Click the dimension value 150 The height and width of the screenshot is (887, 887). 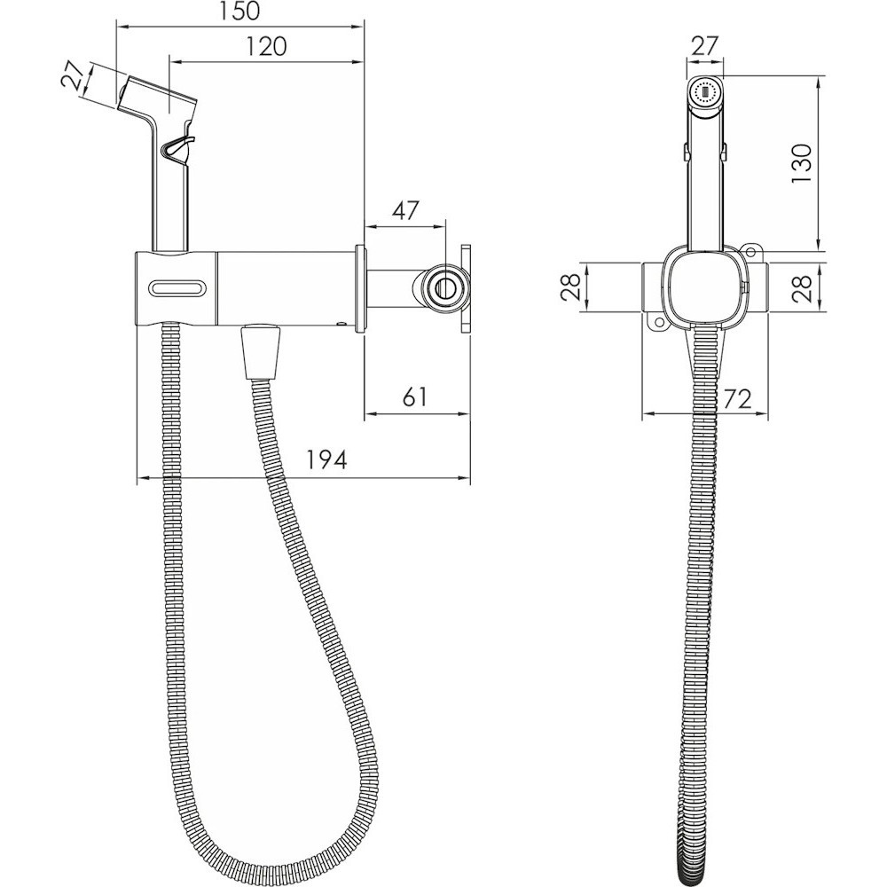click(239, 12)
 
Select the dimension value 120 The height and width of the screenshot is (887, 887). click(267, 46)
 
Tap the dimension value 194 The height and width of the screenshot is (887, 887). click(326, 459)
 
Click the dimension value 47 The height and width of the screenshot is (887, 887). click(405, 210)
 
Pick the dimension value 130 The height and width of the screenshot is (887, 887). click(801, 163)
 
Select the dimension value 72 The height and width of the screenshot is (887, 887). click(738, 399)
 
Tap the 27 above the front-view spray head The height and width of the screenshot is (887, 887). click(704, 46)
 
